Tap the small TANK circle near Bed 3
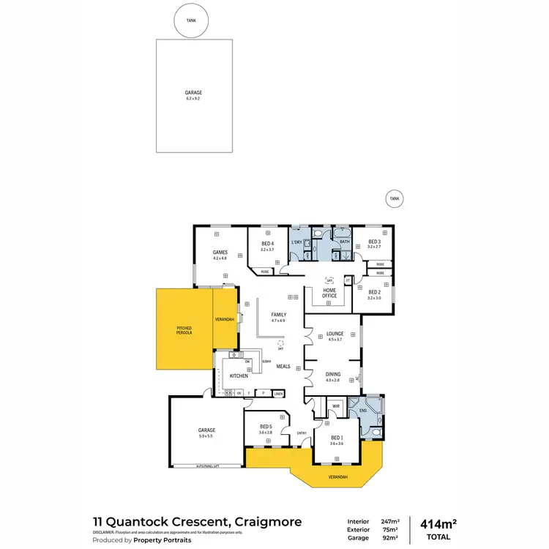point(395,198)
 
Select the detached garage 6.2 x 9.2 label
point(193,95)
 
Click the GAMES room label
point(220,252)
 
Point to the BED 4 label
point(266,243)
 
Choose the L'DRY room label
point(297,242)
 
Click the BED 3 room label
point(374,242)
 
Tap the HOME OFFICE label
point(329,292)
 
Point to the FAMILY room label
point(278,315)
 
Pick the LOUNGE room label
point(335,333)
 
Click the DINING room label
point(333,374)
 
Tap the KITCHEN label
point(239,376)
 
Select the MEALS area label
point(283,366)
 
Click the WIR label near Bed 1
point(335,404)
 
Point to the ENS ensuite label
point(363,411)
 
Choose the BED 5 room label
point(265,427)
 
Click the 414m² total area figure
point(438,523)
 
